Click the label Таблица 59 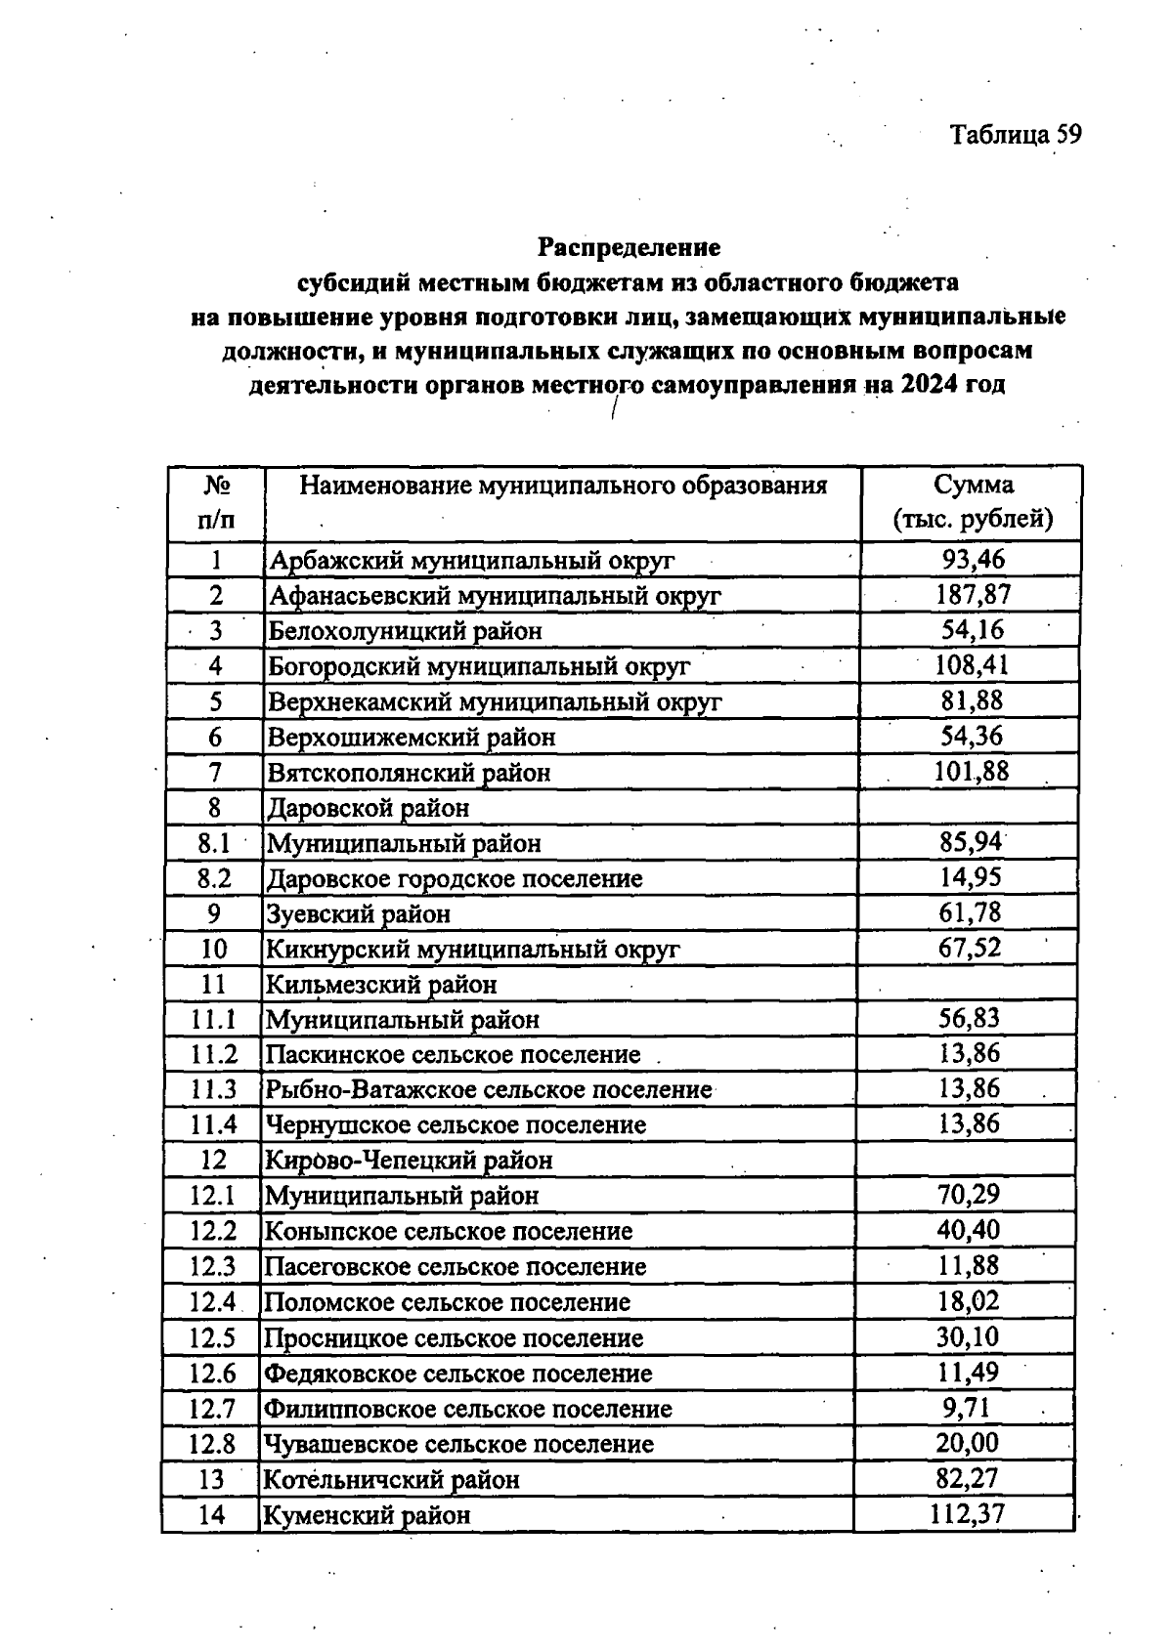coord(1016,135)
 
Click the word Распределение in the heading coord(629,246)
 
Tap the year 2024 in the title coord(929,384)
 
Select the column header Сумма coord(973,485)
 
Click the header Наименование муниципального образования coord(563,486)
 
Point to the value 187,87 coord(973,594)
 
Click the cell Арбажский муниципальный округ coord(472,561)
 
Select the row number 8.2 coord(214,878)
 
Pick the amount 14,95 coord(971,877)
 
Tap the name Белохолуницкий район coord(406,631)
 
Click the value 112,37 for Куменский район coord(967,1514)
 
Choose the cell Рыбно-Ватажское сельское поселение coord(489,1089)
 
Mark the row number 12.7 coord(213,1409)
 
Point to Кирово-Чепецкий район coord(410,1161)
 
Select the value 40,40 coord(968,1230)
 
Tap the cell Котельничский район coord(392,1479)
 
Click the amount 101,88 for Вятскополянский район coord(972,772)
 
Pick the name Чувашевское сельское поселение coord(458,1444)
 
